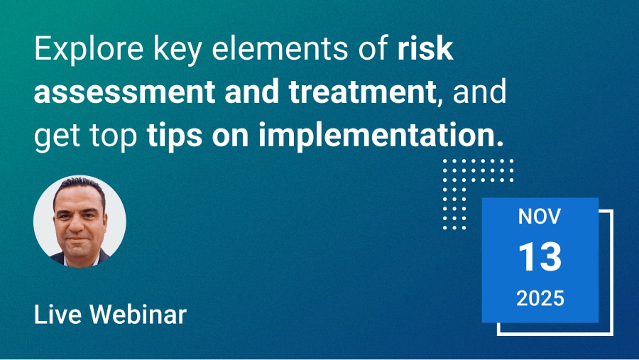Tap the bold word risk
(x=425, y=48)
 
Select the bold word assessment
(x=124, y=92)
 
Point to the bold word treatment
(x=362, y=91)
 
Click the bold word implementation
(x=376, y=136)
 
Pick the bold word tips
(x=175, y=136)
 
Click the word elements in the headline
(x=280, y=48)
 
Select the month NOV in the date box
(x=540, y=217)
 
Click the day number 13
(x=540, y=256)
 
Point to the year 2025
(x=540, y=298)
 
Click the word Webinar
(x=138, y=315)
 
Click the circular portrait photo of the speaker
(x=80, y=222)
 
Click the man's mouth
(x=77, y=238)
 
